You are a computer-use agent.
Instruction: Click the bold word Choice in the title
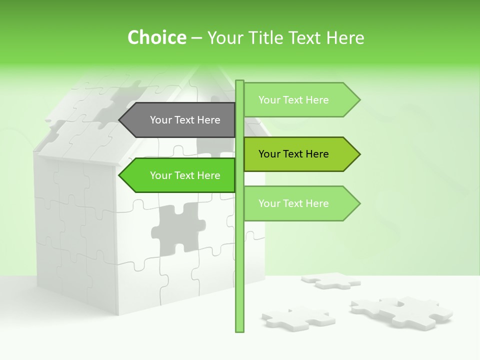(x=156, y=37)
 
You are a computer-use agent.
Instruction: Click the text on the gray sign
(x=185, y=120)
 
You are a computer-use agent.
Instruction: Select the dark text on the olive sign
(x=293, y=154)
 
